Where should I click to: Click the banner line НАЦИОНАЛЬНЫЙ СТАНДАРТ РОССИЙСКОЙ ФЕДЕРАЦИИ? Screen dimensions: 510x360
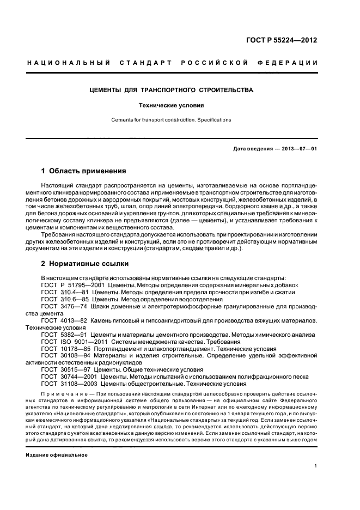tap(173, 63)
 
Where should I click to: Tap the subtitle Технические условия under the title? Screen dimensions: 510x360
tap(171, 106)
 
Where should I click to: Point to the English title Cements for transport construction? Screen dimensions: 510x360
tap(171, 120)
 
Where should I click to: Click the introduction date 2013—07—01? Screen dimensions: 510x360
tap(298, 149)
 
